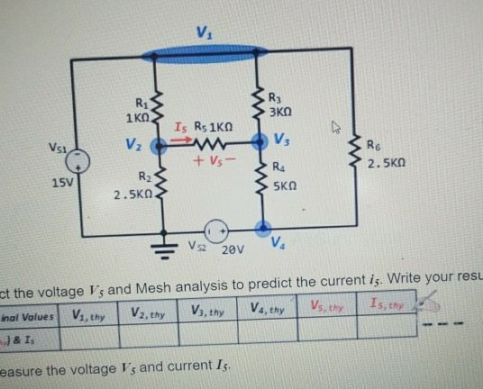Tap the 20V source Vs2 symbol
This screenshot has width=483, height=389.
[215, 229]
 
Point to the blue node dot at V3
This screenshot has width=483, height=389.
[262, 142]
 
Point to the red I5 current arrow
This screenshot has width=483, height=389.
[180, 140]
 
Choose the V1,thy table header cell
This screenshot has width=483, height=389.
[88, 315]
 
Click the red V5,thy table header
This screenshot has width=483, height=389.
[327, 310]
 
